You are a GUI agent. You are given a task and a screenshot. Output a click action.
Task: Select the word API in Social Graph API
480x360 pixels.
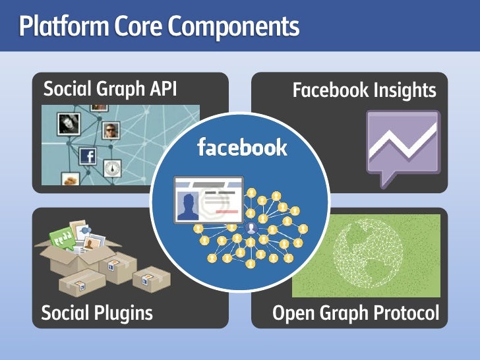(x=162, y=88)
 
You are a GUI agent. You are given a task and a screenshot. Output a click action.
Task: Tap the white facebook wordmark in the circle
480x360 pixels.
(x=242, y=147)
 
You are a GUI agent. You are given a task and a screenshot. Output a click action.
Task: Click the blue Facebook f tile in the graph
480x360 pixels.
(x=88, y=156)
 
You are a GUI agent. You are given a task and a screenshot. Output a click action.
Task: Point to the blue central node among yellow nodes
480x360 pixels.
(x=251, y=229)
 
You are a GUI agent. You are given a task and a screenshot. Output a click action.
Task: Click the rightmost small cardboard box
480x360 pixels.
(x=151, y=279)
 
